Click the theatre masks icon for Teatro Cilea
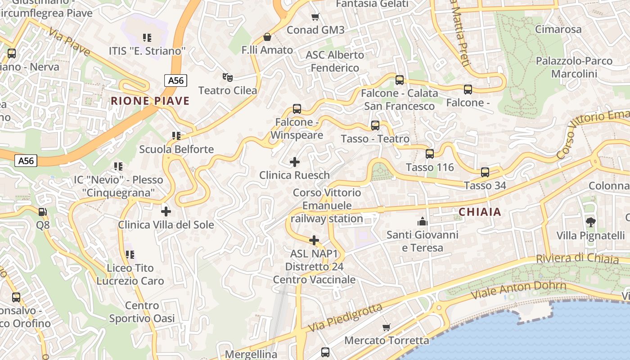tap(228, 77)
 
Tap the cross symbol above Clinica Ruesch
tap(295, 162)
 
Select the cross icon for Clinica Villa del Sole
tap(166, 211)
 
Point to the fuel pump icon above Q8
tap(42, 211)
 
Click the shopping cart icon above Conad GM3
tap(315, 17)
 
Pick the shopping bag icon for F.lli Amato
tap(267, 36)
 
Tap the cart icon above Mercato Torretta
tap(386, 327)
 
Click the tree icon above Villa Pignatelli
tap(590, 221)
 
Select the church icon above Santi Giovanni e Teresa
tap(422, 221)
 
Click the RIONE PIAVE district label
tap(150, 101)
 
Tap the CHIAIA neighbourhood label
tap(480, 212)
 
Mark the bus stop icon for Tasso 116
tap(430, 154)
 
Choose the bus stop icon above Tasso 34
tap(485, 172)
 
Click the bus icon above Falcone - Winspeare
tap(297, 108)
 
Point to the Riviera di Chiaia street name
tap(577, 259)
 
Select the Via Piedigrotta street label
tap(346, 318)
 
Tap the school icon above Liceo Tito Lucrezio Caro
tap(130, 255)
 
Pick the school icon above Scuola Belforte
tap(176, 135)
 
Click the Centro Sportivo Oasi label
tap(142, 312)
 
